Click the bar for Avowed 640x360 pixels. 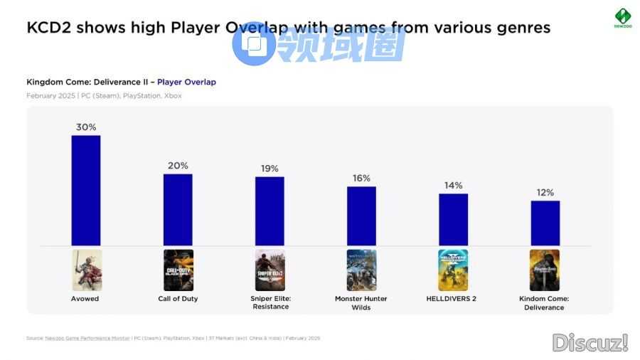86,190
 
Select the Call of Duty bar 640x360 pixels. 178,210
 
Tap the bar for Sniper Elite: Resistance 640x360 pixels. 270,211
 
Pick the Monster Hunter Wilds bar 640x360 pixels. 361,216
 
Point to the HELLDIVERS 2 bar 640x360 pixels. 453,220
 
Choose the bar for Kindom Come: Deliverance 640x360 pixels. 545,223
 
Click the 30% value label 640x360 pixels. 86,127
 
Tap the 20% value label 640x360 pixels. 178,166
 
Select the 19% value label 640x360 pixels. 270,169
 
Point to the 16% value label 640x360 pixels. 361,179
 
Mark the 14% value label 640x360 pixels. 453,186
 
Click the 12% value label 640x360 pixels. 545,193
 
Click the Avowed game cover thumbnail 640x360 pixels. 87,270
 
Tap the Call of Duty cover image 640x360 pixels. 178,270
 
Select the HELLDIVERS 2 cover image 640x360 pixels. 453,270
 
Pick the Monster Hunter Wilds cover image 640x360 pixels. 361,270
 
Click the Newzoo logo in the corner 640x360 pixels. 622,18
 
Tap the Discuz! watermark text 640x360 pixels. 590,343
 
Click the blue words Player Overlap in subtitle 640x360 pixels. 186,82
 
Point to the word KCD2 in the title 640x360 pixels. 49,28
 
